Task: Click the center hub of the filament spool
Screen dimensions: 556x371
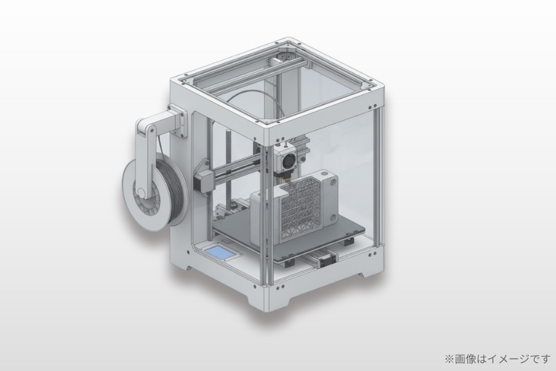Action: coord(142,194)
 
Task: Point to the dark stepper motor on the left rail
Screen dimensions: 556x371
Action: coord(203,181)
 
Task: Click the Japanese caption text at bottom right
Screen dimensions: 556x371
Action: coord(498,359)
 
